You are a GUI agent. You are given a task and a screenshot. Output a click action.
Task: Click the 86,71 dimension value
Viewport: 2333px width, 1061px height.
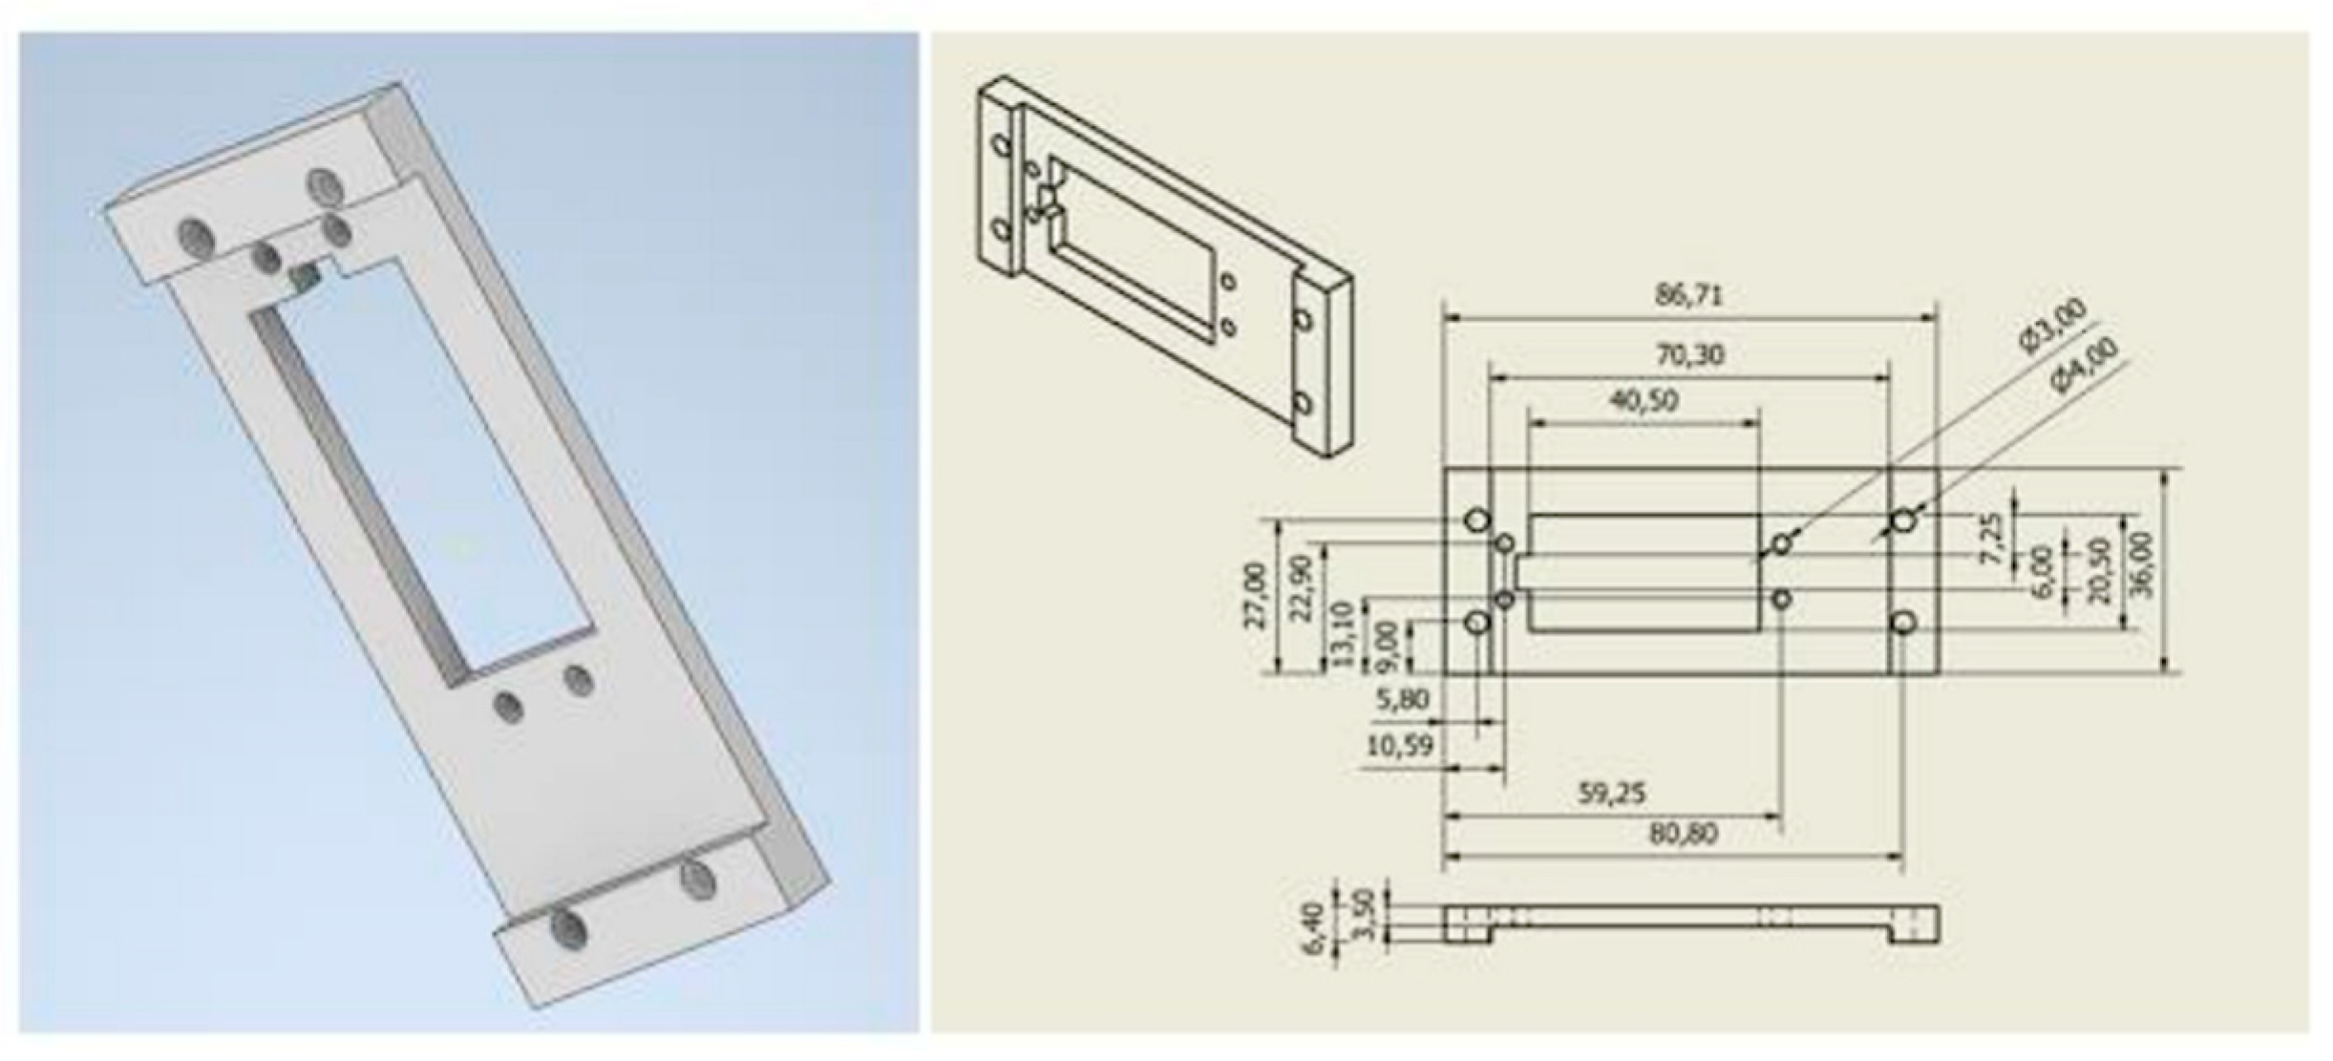[1689, 295]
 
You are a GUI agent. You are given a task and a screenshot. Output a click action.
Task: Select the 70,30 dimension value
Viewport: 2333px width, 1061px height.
[1689, 355]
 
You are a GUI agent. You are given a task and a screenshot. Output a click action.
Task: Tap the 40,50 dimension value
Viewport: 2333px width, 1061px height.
[1644, 400]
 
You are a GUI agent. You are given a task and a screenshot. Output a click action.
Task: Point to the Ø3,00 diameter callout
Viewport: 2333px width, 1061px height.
[2054, 327]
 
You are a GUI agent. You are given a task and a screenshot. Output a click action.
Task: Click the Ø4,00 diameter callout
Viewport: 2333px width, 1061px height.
[2086, 365]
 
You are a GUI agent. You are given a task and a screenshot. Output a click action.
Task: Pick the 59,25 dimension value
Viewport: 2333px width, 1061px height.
[1611, 794]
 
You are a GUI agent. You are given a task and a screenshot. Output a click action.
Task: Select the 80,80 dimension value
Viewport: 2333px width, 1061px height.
[1684, 835]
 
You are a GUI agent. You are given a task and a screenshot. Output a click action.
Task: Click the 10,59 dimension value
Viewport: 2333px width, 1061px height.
[1400, 746]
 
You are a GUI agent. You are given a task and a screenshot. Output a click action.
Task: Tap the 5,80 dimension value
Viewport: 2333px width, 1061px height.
[1402, 700]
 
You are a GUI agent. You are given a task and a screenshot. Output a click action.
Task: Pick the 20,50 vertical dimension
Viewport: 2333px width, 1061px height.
[2099, 570]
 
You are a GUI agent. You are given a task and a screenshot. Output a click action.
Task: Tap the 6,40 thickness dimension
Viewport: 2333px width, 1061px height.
[1315, 926]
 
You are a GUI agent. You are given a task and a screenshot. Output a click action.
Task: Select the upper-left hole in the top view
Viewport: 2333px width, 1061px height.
[1477, 520]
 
